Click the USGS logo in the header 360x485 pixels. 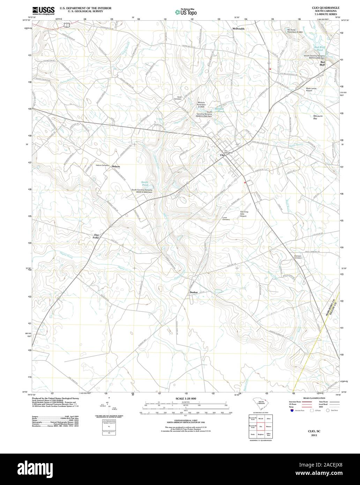tap(43, 11)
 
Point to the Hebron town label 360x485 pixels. tap(116, 167)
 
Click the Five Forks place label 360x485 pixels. tap(96, 236)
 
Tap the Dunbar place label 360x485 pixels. tap(194, 292)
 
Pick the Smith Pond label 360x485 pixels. tap(144, 183)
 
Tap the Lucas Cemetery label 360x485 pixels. tap(226, 219)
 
